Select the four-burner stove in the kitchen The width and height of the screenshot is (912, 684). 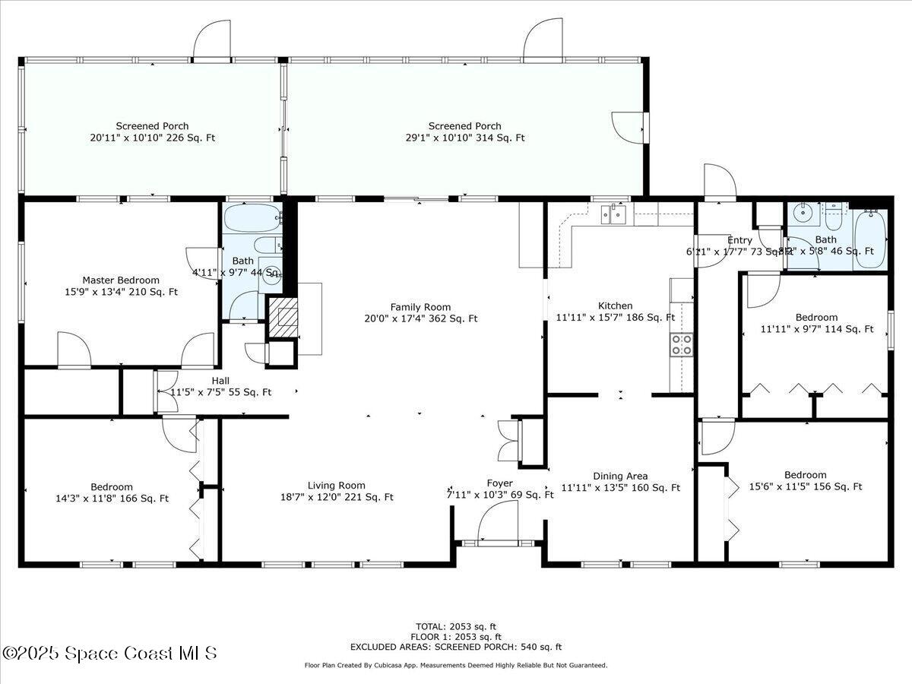(x=680, y=345)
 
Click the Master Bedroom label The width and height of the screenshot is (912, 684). (x=121, y=286)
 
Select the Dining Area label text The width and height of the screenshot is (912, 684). (x=620, y=482)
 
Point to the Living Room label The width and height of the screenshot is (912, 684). (x=336, y=491)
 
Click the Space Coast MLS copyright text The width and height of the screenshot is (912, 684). (x=109, y=653)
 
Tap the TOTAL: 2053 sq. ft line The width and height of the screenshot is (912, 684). (x=455, y=626)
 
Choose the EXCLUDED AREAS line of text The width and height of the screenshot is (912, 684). (x=455, y=647)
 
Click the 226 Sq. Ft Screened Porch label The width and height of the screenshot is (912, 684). (x=152, y=131)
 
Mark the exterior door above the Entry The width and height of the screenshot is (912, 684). (x=719, y=182)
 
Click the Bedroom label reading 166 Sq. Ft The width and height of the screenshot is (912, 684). (x=112, y=492)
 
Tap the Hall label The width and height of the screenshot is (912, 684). (x=220, y=386)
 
